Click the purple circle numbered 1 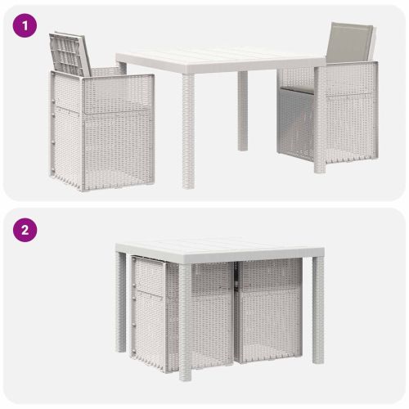25,26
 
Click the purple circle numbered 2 25,230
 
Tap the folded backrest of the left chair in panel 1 70,54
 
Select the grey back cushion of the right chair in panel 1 349,43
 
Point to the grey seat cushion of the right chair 297,89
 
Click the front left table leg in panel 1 188,132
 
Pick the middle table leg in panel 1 242,111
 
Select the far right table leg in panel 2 318,310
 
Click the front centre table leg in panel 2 185,322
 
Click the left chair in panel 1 101,112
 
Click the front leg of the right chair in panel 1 320,120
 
